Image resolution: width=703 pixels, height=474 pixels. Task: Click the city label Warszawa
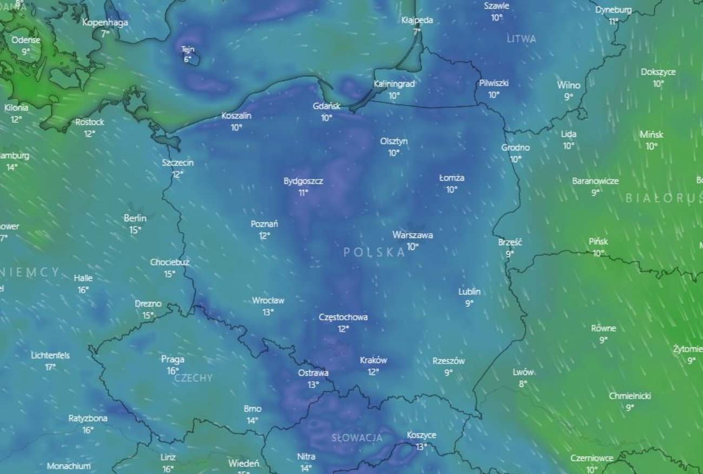[413, 235]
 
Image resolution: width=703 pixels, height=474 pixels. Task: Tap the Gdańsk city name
[327, 106]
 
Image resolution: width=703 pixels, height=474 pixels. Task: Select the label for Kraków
[373, 360]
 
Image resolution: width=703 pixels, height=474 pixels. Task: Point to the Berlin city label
[135, 219]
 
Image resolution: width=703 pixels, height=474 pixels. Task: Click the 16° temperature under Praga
[173, 371]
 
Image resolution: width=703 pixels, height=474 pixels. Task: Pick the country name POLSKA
[374, 252]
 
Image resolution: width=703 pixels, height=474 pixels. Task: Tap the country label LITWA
[522, 39]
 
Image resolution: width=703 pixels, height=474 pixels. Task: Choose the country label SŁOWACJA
[357, 438]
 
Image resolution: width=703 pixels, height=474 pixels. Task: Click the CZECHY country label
[194, 378]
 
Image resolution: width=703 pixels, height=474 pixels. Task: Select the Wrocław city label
[268, 300]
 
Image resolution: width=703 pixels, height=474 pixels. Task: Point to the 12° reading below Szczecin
[178, 174]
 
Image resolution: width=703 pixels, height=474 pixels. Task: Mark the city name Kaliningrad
[394, 84]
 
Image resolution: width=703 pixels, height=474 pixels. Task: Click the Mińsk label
[652, 134]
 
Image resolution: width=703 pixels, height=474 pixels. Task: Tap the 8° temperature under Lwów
[523, 384]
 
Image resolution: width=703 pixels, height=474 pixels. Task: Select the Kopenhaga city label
[105, 23]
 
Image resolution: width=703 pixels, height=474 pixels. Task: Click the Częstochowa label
[343, 317]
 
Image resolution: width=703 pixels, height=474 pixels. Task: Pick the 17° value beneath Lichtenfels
[50, 367]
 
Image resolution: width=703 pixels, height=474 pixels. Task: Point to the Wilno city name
[568, 85]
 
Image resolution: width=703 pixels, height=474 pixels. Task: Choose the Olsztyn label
[394, 141]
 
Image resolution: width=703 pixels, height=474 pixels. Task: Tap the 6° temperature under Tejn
[188, 60]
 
